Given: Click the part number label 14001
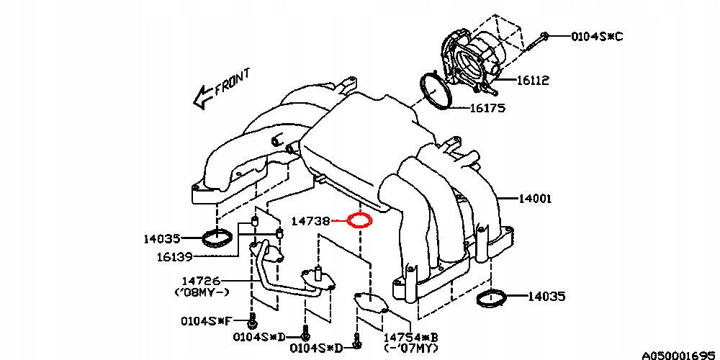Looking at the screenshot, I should [x=532, y=197].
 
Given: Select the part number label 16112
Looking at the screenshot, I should [x=532, y=81].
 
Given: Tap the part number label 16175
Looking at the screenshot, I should [x=487, y=109].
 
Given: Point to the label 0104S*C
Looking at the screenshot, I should [x=597, y=35].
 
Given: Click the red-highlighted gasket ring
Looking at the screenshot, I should [x=359, y=220].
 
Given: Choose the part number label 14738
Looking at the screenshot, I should [x=310, y=221].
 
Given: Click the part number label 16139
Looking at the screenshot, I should [x=174, y=256].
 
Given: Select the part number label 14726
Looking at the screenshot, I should [x=200, y=281].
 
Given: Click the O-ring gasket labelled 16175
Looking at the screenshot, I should [x=435, y=91].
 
